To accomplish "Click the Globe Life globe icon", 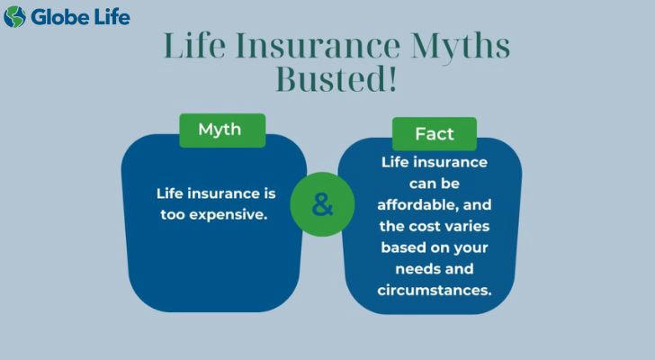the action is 14,17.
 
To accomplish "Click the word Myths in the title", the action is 460,46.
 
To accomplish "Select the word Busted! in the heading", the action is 336,79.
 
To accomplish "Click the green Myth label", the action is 222,130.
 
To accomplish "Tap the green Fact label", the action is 435,134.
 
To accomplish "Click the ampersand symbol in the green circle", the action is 322,204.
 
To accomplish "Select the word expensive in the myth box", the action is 229,215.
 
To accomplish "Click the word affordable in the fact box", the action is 414,204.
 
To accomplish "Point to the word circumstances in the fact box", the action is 435,290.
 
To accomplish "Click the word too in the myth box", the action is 173,215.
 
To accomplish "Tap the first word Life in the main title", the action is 195,44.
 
